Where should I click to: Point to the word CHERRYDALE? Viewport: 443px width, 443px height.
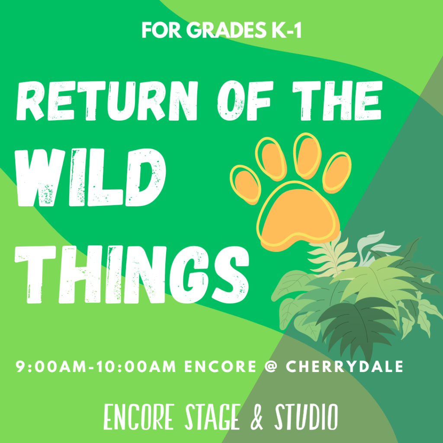(344, 367)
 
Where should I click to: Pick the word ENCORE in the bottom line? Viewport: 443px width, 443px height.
(138, 418)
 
